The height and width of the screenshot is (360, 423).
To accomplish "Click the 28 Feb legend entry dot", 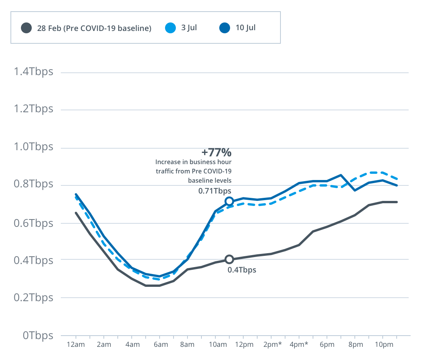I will point(26,28).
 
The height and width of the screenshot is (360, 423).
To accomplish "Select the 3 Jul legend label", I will point(189,28).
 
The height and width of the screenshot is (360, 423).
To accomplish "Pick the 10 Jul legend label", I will point(245,28).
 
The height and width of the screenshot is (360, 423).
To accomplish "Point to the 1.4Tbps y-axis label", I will point(33,72).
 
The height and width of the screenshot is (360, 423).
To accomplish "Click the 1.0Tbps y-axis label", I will point(33,147).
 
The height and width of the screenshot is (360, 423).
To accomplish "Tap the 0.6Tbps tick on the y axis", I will point(33,223).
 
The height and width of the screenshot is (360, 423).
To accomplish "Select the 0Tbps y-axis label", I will point(38,336).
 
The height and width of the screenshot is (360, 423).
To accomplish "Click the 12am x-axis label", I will point(76,345).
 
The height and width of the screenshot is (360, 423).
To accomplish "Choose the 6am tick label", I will point(160,345).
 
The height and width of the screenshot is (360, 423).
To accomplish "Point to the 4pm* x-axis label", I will point(299,345).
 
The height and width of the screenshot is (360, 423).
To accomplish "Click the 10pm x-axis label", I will point(382,345).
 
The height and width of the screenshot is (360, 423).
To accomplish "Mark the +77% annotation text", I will point(216,152).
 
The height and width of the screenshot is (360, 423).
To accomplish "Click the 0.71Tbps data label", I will point(215,191).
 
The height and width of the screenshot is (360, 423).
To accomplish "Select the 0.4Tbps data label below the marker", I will point(242,270).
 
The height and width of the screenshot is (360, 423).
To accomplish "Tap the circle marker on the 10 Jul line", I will point(229,201).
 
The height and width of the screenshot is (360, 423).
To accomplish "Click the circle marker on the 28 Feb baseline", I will point(229,259).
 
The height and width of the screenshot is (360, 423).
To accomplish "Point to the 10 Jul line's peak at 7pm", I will point(340,175).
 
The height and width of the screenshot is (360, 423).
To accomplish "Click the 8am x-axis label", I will point(187,345).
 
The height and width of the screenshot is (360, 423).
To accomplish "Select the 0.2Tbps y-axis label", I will point(33,298).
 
